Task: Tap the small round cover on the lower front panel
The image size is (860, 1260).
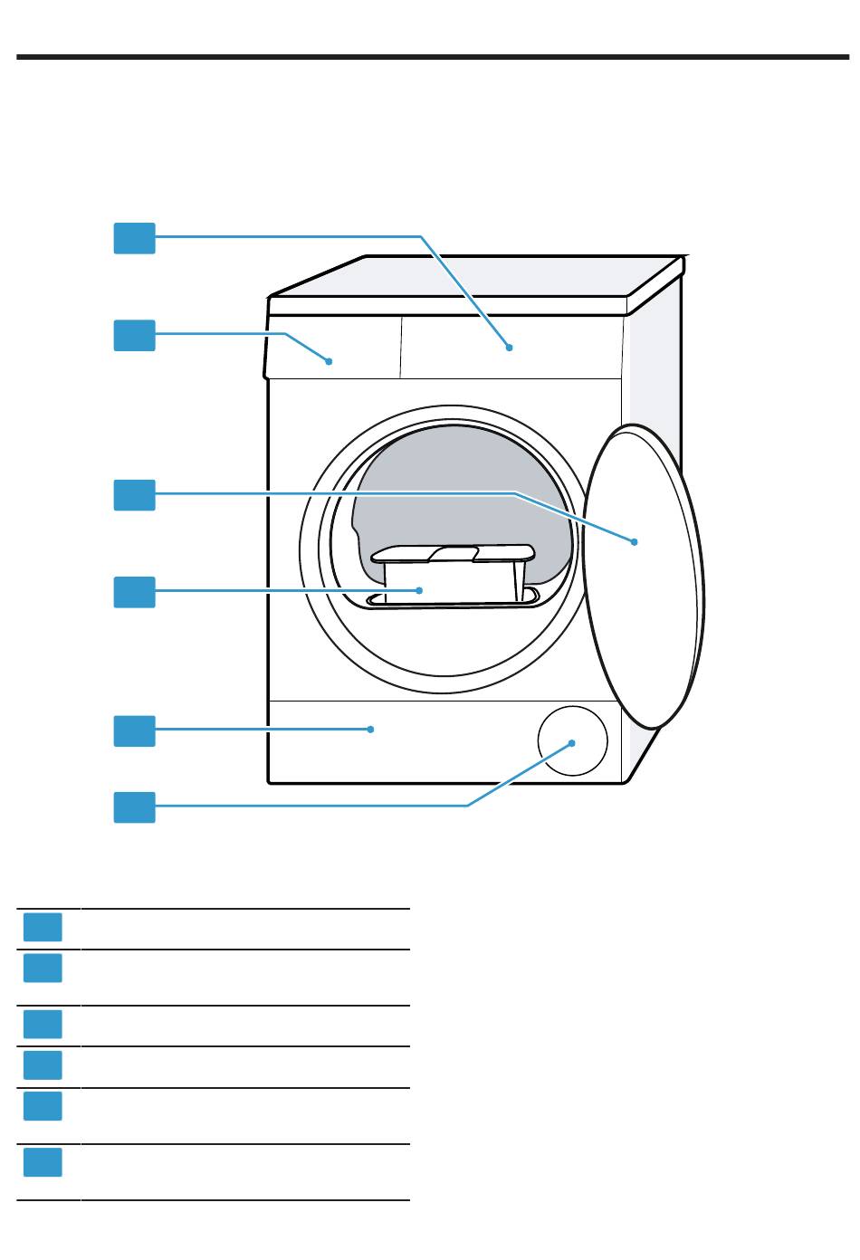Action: (x=572, y=741)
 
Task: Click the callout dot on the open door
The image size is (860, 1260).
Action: (x=635, y=541)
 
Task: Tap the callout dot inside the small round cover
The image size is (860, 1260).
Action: (x=573, y=742)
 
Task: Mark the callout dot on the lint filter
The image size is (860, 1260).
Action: (x=419, y=589)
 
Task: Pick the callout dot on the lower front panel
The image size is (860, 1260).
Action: (x=370, y=729)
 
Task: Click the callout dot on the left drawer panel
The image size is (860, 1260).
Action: (x=330, y=360)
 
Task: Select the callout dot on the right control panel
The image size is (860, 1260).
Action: (x=510, y=347)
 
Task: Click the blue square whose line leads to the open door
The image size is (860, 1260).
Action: (x=134, y=495)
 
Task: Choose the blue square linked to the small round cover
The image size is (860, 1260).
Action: (x=134, y=807)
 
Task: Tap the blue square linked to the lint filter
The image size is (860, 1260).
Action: (x=134, y=592)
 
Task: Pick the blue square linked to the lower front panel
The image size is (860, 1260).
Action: (x=134, y=730)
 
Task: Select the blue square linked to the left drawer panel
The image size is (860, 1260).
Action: (x=134, y=335)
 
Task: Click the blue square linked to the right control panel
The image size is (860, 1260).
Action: (x=134, y=238)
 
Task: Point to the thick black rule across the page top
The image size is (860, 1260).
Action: (x=430, y=57)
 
